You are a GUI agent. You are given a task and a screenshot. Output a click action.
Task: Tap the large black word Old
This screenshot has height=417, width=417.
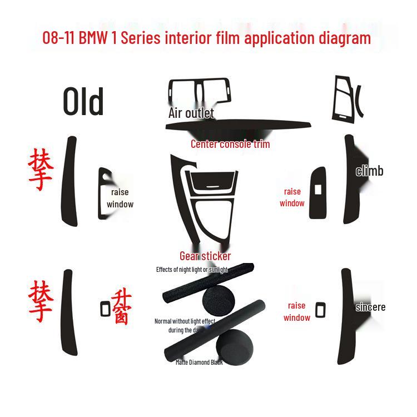[83, 102]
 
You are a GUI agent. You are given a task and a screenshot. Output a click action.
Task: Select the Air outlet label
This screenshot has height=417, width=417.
[191, 113]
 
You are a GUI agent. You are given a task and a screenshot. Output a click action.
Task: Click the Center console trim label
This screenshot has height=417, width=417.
[230, 144]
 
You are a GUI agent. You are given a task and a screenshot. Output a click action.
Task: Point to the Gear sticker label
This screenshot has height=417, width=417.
[205, 256]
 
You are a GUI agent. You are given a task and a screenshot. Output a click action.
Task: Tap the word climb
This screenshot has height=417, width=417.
[370, 171]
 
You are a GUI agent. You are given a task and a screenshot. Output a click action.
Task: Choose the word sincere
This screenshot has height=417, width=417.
[370, 307]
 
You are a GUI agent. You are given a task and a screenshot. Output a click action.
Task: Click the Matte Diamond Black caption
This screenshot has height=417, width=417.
[199, 363]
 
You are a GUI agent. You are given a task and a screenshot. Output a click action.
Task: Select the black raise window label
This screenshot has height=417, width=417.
[120, 198]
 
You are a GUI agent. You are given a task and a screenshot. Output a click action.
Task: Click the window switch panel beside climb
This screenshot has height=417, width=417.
[318, 190]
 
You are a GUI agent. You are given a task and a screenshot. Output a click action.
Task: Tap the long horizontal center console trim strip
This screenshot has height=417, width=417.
[237, 126]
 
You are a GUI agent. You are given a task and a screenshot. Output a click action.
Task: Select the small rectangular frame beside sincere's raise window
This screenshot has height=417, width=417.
[320, 310]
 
